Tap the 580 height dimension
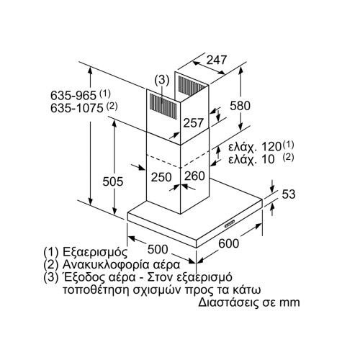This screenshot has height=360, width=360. [239, 105]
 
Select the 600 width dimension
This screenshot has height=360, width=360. [228, 245]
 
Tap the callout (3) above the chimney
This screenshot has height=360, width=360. [163, 79]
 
